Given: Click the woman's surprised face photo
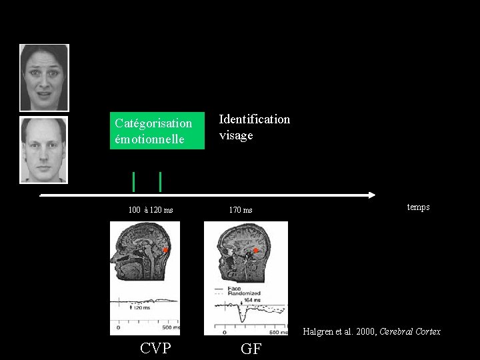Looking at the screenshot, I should pyautogui.click(x=44, y=77).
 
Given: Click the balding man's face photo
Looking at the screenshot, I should pyautogui.click(x=44, y=150).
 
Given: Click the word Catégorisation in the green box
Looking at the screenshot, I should pyautogui.click(x=153, y=123).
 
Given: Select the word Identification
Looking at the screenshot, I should pyautogui.click(x=255, y=119).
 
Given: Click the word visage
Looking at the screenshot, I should pyautogui.click(x=236, y=135).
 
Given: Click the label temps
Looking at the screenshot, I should pyautogui.click(x=418, y=207).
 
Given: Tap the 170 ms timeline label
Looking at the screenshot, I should pyautogui.click(x=241, y=211).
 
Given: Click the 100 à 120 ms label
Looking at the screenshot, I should pyautogui.click(x=151, y=210).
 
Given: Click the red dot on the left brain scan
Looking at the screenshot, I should pyautogui.click(x=165, y=249).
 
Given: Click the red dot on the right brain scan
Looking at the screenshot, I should pyautogui.click(x=255, y=251).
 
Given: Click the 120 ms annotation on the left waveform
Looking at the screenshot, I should pyautogui.click(x=141, y=307).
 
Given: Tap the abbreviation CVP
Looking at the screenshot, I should pyautogui.click(x=156, y=348).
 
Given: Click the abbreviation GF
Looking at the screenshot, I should pyautogui.click(x=251, y=349).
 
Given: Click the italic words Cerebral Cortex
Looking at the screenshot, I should pyautogui.click(x=410, y=332).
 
